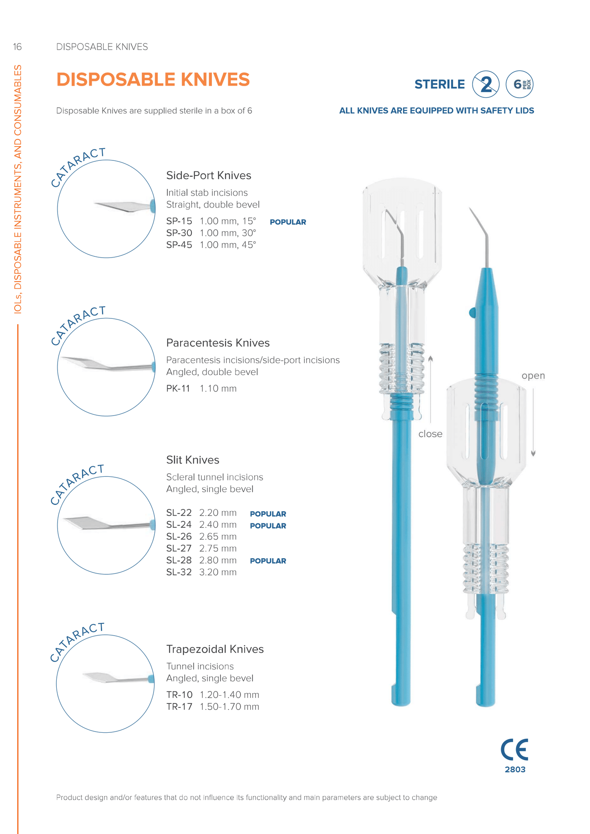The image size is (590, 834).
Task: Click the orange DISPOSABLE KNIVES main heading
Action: (x=153, y=80)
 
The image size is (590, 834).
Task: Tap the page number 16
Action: (x=17, y=47)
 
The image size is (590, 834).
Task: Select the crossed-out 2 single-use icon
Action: (x=486, y=85)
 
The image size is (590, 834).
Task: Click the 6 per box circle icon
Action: (x=519, y=85)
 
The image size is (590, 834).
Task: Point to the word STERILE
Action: (x=439, y=85)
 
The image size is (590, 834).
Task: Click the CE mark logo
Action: (x=514, y=750)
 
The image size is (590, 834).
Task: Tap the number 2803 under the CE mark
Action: (x=515, y=770)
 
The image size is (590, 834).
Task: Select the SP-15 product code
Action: (x=179, y=221)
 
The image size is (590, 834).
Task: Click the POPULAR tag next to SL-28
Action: (x=268, y=561)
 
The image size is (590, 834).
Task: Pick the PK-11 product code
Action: (x=178, y=389)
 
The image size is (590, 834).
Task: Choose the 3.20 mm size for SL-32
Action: (x=218, y=572)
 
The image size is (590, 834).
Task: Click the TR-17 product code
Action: (x=179, y=707)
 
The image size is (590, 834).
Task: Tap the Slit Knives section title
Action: (x=193, y=460)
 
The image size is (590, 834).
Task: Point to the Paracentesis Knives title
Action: (x=218, y=343)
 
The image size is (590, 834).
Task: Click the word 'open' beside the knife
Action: (x=533, y=376)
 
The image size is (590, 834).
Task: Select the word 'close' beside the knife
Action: (x=430, y=434)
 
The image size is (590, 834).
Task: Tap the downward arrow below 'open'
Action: (x=533, y=425)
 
